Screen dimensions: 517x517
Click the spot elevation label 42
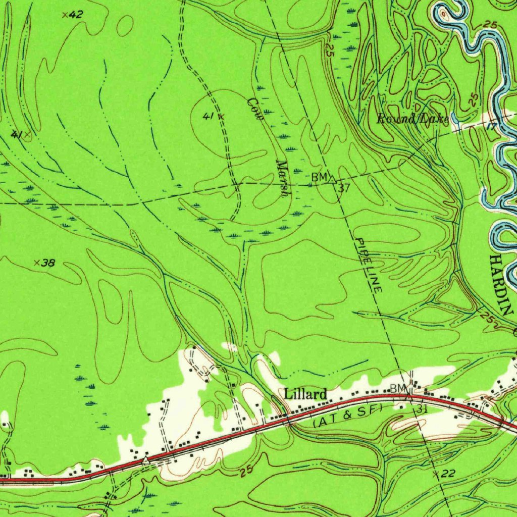click(x=75, y=15)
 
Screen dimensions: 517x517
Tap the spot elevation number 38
click(x=47, y=263)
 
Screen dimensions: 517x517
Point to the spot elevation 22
click(x=447, y=473)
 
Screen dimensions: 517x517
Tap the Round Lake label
click(x=412, y=119)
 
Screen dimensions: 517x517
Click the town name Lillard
click(x=305, y=393)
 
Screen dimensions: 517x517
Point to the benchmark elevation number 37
click(x=344, y=188)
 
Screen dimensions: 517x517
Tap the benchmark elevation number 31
click(x=423, y=409)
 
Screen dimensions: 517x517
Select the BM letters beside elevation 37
click(x=319, y=177)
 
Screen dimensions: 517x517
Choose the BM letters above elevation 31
click(x=397, y=388)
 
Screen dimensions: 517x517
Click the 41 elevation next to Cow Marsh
click(x=208, y=116)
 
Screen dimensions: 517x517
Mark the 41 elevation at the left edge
click(x=17, y=134)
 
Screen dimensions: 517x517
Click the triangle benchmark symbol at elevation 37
click(x=333, y=178)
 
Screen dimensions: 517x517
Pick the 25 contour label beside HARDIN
click(x=487, y=318)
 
